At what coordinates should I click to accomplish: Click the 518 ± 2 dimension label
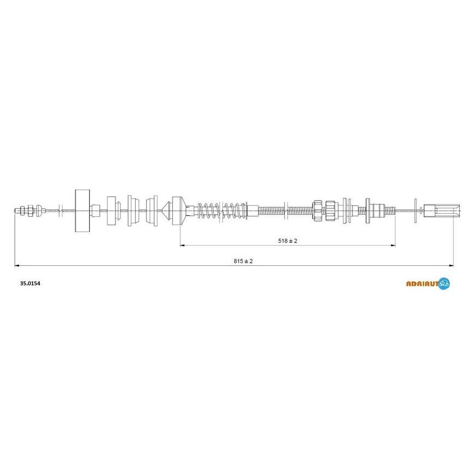tap(288, 241)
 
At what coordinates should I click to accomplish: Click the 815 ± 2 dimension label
tap(243, 261)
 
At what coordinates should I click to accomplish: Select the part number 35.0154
tap(30, 283)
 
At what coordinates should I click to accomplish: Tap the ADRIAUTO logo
tap(428, 283)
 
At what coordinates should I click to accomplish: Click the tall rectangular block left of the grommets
tap(82, 211)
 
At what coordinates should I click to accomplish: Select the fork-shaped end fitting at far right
tap(442, 210)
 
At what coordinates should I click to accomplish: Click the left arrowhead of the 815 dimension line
tap(17, 266)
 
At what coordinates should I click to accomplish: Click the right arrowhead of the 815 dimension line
tap(451, 266)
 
